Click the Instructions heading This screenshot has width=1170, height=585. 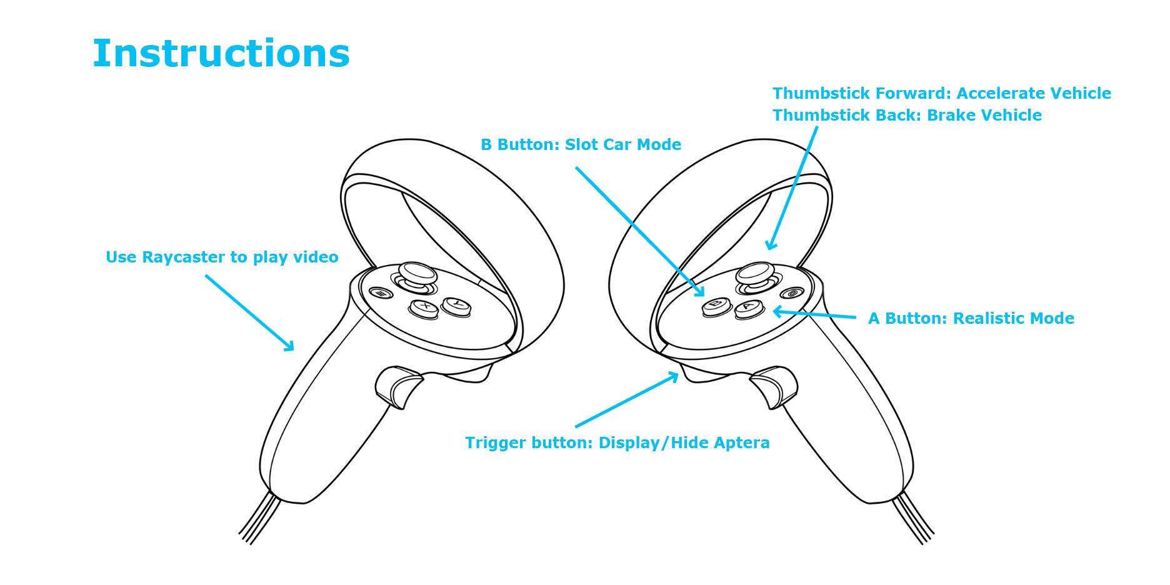[x=221, y=54]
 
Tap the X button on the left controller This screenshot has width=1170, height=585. [x=424, y=307]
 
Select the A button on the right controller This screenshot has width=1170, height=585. [x=749, y=307]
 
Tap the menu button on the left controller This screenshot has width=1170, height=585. [x=380, y=292]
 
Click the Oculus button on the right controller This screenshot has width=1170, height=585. [x=792, y=293]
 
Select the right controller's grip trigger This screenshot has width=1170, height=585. [x=774, y=385]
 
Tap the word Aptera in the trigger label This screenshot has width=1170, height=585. [x=742, y=443]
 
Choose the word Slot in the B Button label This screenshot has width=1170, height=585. [x=581, y=145]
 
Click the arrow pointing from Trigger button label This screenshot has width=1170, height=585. [x=627, y=400]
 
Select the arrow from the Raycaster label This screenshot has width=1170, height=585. [x=249, y=312]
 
